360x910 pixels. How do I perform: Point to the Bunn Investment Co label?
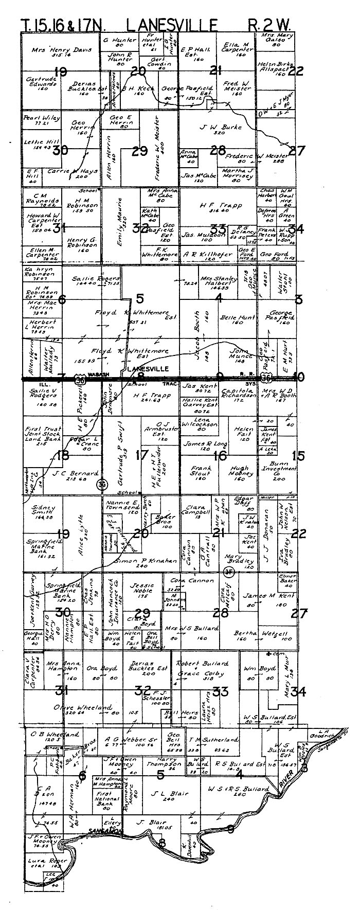tap(278, 470)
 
